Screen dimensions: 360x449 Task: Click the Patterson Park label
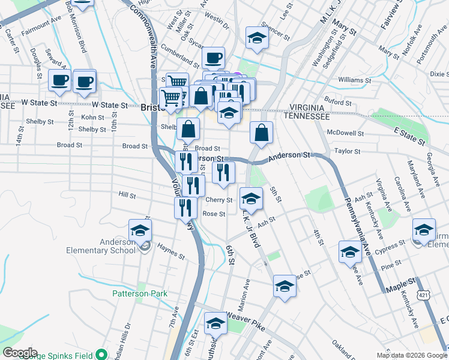(139, 294)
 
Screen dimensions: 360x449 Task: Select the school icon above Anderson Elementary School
(139, 230)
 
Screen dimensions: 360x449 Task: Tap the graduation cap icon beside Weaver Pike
(215, 324)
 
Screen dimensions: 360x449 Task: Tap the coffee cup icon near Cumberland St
(213, 58)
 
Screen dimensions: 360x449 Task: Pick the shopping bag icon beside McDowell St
(262, 133)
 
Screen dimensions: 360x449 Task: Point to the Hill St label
(128, 196)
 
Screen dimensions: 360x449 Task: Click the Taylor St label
(346, 152)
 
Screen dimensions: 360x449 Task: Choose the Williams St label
(351, 79)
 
